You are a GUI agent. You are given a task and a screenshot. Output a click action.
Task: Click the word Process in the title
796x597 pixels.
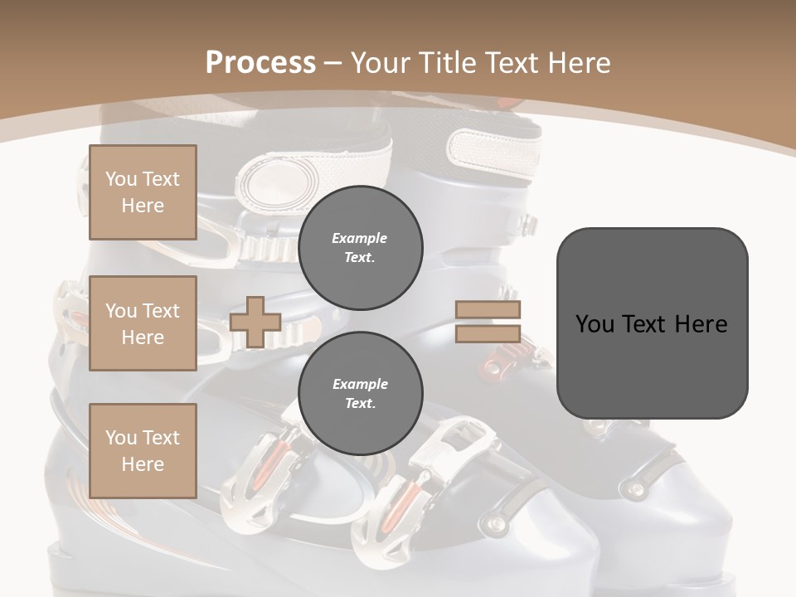tap(260, 63)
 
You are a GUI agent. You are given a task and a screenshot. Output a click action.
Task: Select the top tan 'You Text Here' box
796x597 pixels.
tap(143, 192)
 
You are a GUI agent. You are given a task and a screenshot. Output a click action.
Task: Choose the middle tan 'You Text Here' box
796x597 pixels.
tap(143, 323)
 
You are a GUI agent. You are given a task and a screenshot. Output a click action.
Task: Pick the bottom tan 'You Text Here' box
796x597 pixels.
tap(143, 450)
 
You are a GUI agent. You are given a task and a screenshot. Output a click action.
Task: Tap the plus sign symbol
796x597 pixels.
tap(255, 322)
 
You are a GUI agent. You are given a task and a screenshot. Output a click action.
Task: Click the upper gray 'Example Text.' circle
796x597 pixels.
tap(360, 247)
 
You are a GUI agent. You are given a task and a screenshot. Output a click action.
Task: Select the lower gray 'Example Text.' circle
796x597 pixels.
tap(360, 393)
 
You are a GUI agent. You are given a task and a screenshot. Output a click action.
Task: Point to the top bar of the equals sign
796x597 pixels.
tap(488, 310)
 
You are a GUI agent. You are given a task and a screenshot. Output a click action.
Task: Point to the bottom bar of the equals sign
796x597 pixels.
tap(488, 333)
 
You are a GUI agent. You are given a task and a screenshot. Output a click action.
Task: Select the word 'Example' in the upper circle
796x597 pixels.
tap(360, 238)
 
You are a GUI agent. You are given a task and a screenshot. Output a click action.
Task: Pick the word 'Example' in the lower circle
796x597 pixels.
tap(360, 384)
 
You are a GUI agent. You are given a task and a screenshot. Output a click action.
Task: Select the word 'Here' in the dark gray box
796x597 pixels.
tap(701, 324)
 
